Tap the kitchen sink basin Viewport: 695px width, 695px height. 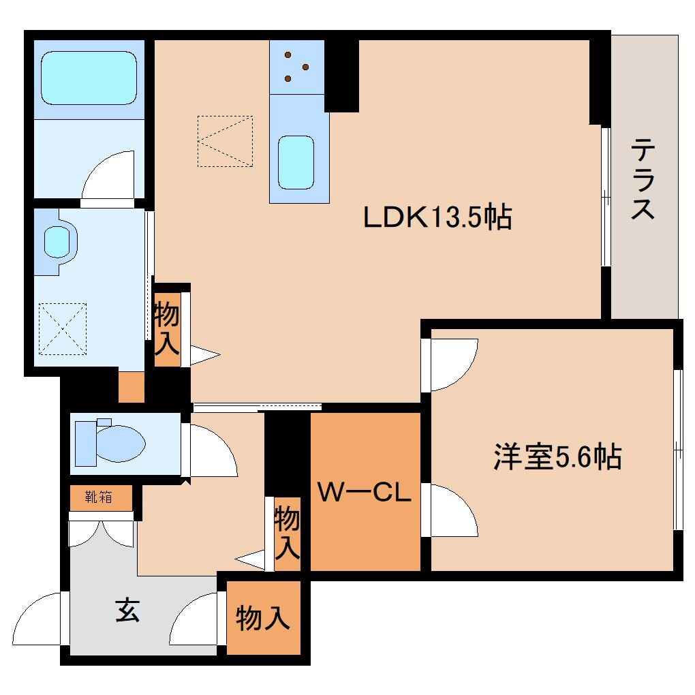(x=296, y=162)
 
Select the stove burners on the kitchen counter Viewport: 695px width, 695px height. (x=296, y=67)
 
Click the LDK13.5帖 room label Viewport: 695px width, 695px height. (x=437, y=218)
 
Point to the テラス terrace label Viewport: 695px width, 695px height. (x=643, y=179)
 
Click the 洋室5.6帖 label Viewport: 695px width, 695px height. (x=557, y=456)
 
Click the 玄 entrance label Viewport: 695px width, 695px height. (x=127, y=609)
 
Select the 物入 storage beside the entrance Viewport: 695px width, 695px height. (x=263, y=619)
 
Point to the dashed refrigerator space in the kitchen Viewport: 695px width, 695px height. (x=225, y=141)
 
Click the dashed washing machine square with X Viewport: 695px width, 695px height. (x=63, y=328)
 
